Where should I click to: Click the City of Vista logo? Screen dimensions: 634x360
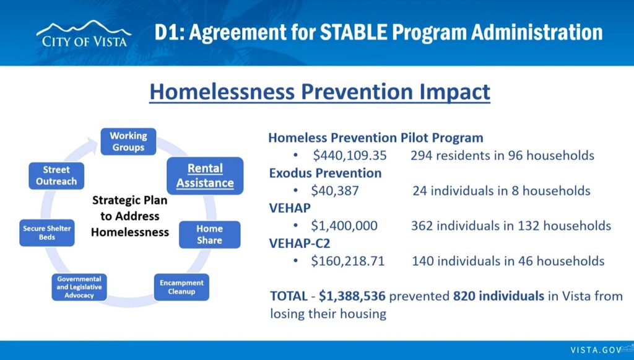point(84,34)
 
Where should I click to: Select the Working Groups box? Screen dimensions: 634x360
point(128,141)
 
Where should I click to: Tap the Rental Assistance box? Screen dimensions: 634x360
point(205,176)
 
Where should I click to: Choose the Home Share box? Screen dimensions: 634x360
point(209,235)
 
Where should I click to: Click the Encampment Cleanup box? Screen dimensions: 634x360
point(181,287)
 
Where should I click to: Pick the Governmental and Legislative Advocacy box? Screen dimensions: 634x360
point(79,287)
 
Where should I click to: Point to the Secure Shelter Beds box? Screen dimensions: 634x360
point(47,233)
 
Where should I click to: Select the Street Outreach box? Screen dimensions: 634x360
point(56,176)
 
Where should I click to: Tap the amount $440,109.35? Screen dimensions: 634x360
point(350,156)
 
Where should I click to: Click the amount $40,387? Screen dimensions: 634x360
point(335,190)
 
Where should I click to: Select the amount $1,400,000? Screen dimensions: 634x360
point(344,226)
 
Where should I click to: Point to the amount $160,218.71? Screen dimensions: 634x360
point(348,261)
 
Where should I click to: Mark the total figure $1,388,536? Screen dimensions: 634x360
point(352,296)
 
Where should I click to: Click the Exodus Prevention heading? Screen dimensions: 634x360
point(326,173)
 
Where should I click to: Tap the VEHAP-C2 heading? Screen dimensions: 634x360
point(300,244)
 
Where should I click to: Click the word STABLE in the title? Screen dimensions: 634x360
point(354,32)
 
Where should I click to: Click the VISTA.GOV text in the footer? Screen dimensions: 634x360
point(595,350)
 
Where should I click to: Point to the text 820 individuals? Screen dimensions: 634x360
point(498,296)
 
